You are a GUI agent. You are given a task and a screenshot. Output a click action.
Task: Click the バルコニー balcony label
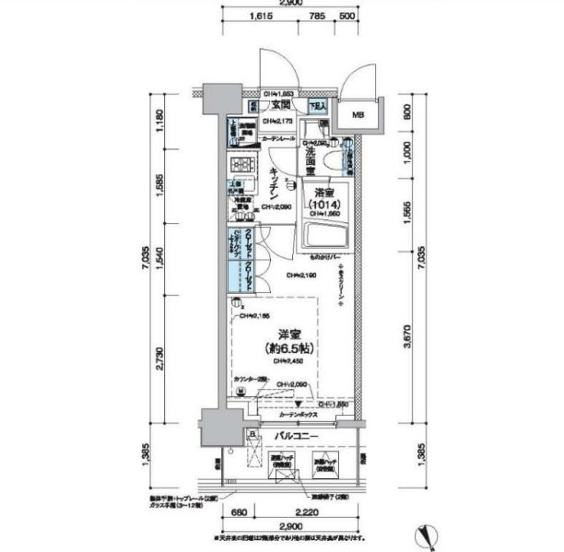(x=295, y=435)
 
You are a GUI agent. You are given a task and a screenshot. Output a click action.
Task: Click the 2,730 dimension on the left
(x=162, y=354)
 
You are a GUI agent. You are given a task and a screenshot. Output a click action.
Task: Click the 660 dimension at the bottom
(x=237, y=513)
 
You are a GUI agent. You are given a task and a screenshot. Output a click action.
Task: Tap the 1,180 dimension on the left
(x=162, y=117)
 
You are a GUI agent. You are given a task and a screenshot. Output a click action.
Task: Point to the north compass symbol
(x=426, y=534)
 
